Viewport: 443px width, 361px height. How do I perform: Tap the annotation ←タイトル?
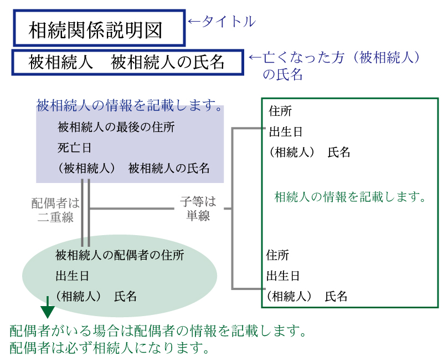coord(221,22)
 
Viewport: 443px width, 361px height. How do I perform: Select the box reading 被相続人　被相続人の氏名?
coord(127,62)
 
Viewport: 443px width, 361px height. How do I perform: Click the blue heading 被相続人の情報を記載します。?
coord(130,105)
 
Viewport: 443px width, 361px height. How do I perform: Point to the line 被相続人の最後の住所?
coord(116,128)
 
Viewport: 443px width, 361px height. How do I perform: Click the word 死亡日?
coord(74,148)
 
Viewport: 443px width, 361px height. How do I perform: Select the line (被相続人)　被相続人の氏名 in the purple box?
coord(133,169)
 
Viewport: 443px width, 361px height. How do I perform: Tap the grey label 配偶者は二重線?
coord(55,210)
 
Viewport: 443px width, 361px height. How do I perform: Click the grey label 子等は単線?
coord(198,209)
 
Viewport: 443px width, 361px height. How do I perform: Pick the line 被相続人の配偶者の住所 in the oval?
coord(120,255)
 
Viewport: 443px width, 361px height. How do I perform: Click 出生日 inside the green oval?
coord(72,276)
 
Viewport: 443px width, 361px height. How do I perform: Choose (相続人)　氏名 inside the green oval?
coord(96,296)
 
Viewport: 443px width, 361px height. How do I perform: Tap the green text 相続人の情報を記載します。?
coord(349,197)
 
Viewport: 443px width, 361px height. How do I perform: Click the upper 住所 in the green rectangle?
coord(280,111)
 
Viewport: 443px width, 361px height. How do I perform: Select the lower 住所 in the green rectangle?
coord(278,255)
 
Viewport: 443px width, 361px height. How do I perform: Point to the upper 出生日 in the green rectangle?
coord(286,132)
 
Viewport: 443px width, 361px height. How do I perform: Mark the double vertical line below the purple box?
coord(85,212)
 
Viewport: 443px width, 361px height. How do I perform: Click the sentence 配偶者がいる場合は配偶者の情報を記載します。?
coord(158,332)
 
